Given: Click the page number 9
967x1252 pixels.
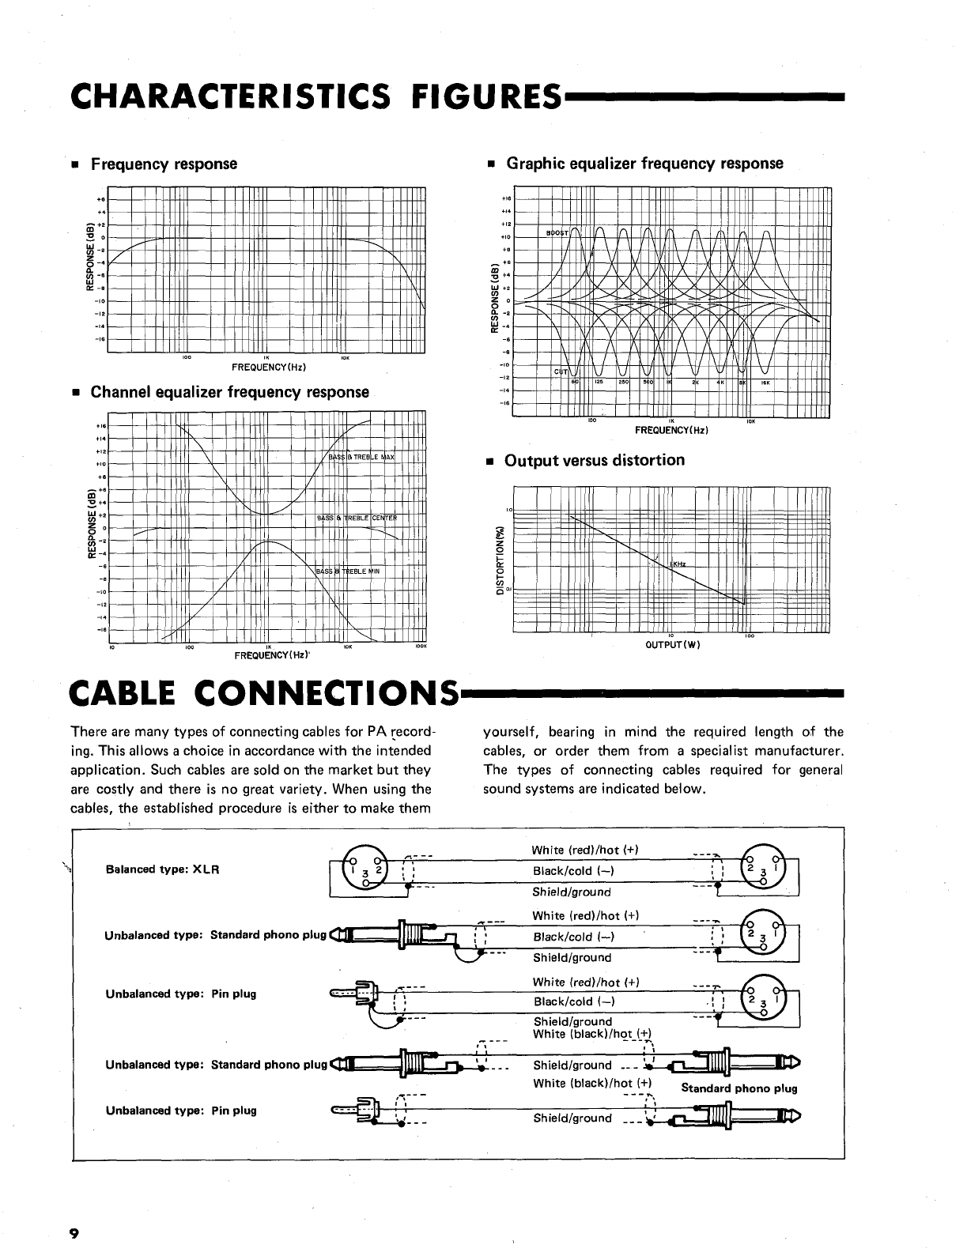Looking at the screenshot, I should coord(74,1233).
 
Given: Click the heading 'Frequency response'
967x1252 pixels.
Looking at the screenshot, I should coord(164,164).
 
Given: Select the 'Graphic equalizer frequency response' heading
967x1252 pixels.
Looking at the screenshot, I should coord(644,164).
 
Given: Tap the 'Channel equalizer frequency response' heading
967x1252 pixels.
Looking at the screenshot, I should coord(229,392).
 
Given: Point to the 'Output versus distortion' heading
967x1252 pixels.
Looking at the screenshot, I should coord(594,460).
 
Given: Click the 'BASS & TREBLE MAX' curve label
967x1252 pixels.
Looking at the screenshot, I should coord(361,458).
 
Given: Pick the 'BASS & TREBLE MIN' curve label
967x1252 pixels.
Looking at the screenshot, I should coord(349,571).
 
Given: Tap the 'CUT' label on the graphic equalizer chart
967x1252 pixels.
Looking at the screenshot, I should coord(561,371).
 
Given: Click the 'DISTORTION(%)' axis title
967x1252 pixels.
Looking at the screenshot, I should coord(499,556).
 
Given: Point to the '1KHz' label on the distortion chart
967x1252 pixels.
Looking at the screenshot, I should coord(677,564).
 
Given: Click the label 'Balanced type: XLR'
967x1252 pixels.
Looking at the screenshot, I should coord(162,869).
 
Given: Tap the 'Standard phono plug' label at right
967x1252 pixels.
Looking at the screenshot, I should coord(738,1088).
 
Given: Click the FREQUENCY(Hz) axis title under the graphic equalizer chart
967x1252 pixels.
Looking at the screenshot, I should coord(671,430).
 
